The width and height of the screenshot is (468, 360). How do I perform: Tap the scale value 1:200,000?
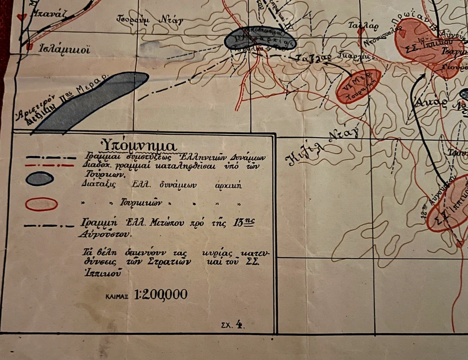(x=160, y=294)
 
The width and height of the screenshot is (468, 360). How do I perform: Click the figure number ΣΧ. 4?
(x=232, y=323)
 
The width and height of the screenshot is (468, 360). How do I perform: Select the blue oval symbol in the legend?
(x=39, y=179)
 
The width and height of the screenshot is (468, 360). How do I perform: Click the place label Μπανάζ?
(x=47, y=15)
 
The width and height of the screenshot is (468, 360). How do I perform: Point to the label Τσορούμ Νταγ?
(x=150, y=20)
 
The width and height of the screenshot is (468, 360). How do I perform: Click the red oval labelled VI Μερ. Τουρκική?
(x=358, y=86)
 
